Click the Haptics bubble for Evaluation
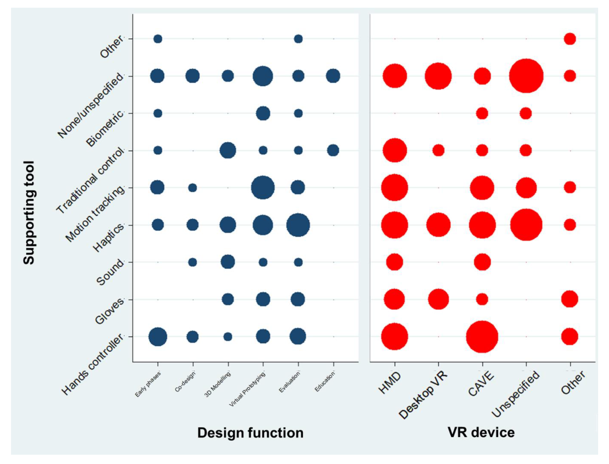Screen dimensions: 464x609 pos(298,225)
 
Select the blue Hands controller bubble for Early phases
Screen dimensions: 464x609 pos(158,337)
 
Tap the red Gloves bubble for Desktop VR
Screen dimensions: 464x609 pos(438,299)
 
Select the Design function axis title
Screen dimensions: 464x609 pos(250,433)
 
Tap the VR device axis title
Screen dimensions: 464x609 pos(481,432)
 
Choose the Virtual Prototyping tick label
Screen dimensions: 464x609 pos(247,390)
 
